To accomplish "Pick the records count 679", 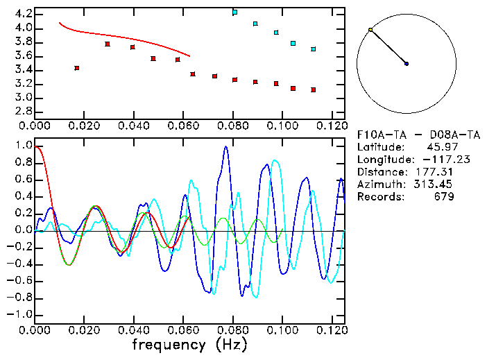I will pyautogui.click(x=444, y=196).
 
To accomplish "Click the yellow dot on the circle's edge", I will pyautogui.click(x=370, y=30).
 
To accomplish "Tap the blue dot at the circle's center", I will pyautogui.click(x=407, y=64).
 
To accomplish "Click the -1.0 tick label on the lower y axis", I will pyautogui.click(x=21, y=314).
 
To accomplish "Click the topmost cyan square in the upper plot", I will pyautogui.click(x=235, y=12).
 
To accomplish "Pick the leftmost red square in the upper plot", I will pyautogui.click(x=77, y=68).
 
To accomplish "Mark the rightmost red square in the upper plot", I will pyautogui.click(x=314, y=89).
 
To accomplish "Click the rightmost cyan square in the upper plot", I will pyautogui.click(x=314, y=49).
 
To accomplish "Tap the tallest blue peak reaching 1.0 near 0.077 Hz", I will pyautogui.click(x=225, y=147).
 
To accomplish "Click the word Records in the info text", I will pyautogui.click(x=379, y=196).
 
